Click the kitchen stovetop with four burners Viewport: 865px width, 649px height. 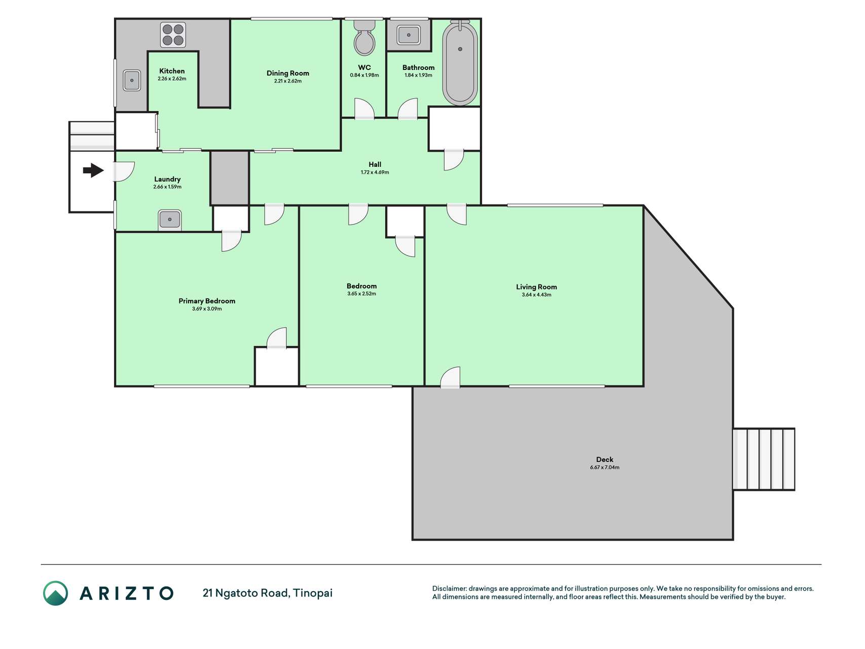tap(173, 34)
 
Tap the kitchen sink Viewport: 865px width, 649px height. tap(132, 80)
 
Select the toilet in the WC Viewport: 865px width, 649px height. tap(364, 37)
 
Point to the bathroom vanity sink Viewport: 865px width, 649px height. tap(408, 35)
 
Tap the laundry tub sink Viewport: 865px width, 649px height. tap(170, 220)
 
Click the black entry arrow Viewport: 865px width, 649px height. tap(93, 170)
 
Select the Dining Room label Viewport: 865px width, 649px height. tap(288, 73)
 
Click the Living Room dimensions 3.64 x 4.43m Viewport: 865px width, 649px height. tap(537, 295)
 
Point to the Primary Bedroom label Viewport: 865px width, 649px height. tap(207, 301)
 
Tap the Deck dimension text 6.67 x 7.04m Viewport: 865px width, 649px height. tap(605, 467)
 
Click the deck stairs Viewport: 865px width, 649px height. tap(764, 459)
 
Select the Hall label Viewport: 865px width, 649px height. tap(375, 164)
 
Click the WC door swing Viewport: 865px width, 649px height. tap(364, 109)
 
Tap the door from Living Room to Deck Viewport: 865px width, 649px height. tap(450, 377)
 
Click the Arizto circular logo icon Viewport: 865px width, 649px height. tap(55, 593)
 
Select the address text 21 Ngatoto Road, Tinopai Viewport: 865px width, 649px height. tap(268, 593)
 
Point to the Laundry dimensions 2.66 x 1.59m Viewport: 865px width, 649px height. tap(167, 187)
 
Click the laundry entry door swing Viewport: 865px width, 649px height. tap(123, 171)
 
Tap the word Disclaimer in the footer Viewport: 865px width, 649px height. tap(449, 589)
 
